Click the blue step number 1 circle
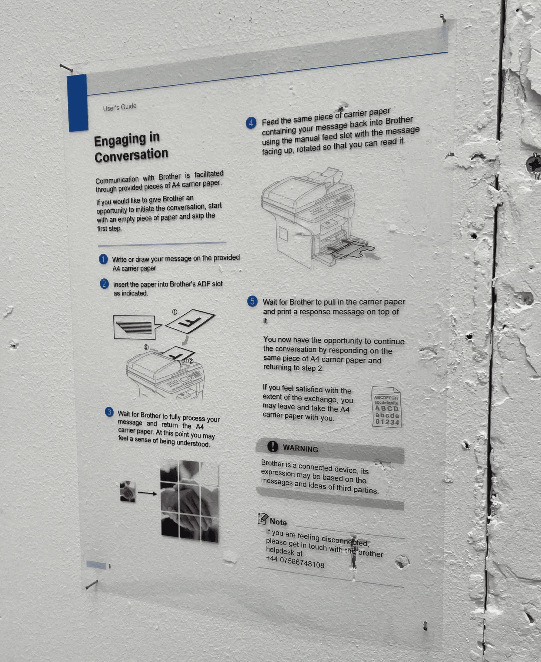point(103,259)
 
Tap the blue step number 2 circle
point(104,284)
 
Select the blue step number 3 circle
point(109,412)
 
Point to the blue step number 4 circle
point(251,123)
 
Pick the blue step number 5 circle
point(252,301)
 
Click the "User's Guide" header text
point(120,107)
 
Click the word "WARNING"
point(301,449)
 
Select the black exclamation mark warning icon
point(273,446)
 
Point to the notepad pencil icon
point(263,518)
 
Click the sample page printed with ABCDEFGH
point(387,407)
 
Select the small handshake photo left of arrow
point(128,492)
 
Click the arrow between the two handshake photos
point(147,493)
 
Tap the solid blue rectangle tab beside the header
point(78,103)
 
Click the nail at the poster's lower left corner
point(92,584)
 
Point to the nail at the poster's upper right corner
point(443,18)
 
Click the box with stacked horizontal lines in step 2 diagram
point(135,327)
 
